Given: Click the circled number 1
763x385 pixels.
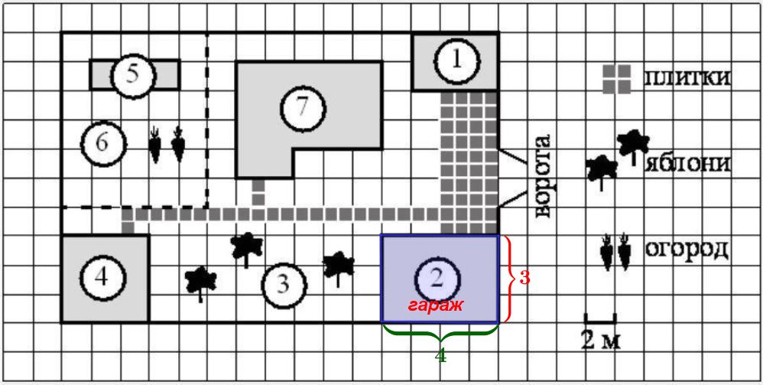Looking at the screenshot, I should (x=456, y=61).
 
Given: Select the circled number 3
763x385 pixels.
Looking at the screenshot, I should (x=283, y=285).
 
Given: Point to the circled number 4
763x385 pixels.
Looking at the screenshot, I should (x=102, y=277).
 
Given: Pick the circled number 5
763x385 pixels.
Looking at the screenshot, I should (x=132, y=74).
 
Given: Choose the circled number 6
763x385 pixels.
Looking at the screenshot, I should (x=103, y=142).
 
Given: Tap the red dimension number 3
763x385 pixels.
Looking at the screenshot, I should (x=524, y=278).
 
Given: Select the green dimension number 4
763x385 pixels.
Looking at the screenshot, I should (x=440, y=355).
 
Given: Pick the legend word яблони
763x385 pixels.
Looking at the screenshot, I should (x=687, y=164).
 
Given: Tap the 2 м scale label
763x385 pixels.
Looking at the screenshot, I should (x=600, y=340).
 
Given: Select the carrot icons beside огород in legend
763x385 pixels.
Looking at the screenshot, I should (x=615, y=252).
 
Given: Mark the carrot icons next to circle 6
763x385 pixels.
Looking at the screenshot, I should (x=167, y=144).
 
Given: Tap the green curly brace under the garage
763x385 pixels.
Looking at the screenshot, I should (x=440, y=333).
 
